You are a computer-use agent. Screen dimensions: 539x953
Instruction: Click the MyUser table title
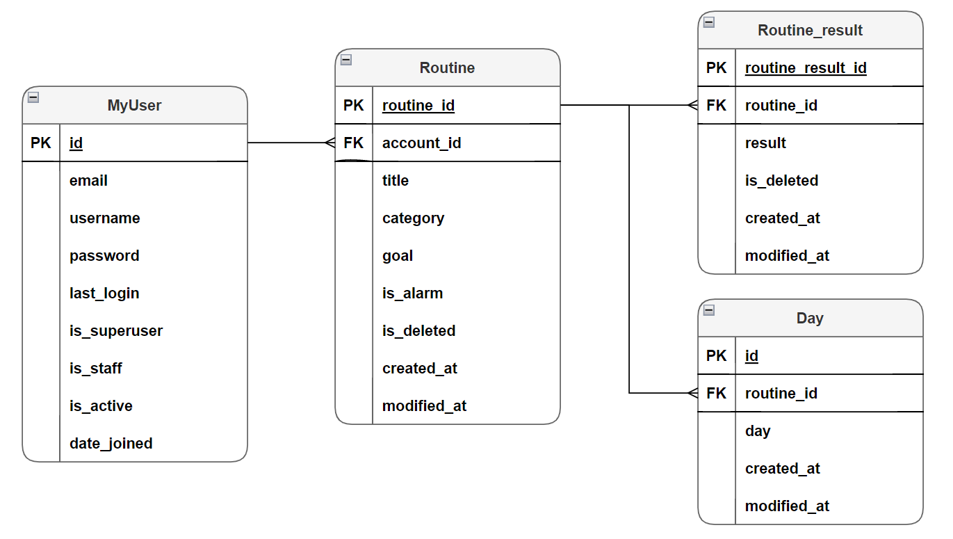click(134, 105)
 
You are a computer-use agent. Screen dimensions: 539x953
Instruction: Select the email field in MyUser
click(88, 181)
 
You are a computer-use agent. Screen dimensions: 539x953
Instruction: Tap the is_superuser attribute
click(116, 331)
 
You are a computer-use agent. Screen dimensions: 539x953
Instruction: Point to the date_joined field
click(111, 444)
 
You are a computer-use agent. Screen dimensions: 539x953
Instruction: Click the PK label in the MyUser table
click(40, 143)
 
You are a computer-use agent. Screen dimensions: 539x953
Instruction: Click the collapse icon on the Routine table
click(346, 60)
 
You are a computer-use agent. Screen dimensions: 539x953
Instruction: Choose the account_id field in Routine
click(421, 143)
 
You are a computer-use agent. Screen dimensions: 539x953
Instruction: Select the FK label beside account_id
click(353, 143)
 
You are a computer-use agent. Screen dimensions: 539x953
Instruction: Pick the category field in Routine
click(413, 218)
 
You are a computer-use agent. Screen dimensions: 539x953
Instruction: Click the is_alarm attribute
click(412, 293)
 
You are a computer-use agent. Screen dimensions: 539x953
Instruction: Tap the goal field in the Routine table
click(398, 256)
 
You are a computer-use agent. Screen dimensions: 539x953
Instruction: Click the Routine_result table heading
click(810, 31)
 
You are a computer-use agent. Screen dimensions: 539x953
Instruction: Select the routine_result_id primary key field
click(806, 68)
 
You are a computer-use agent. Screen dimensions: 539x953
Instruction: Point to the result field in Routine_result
click(765, 143)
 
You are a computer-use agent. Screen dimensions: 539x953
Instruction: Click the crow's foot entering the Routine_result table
click(692, 106)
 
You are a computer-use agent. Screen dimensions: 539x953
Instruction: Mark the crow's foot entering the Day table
click(692, 394)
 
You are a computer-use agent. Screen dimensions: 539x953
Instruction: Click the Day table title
click(810, 319)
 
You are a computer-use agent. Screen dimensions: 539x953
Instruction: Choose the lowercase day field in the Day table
click(757, 431)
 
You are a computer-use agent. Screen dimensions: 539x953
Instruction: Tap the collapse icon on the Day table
click(709, 310)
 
